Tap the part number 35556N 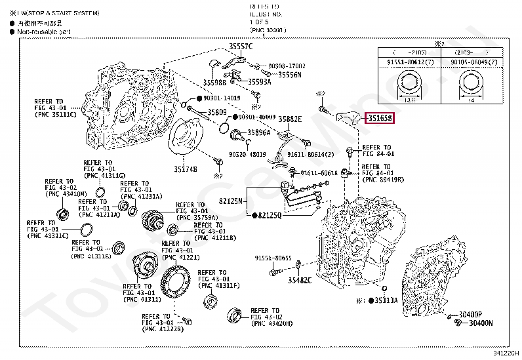(x=289, y=75)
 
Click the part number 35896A (x=258, y=132)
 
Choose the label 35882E (x=289, y=119)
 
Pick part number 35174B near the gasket (x=186, y=169)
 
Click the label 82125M (x=231, y=201)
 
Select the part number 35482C (x=298, y=280)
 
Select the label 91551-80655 (x=273, y=258)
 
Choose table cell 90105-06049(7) (x=472, y=62)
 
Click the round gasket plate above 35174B (x=186, y=139)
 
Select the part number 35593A (x=259, y=82)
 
